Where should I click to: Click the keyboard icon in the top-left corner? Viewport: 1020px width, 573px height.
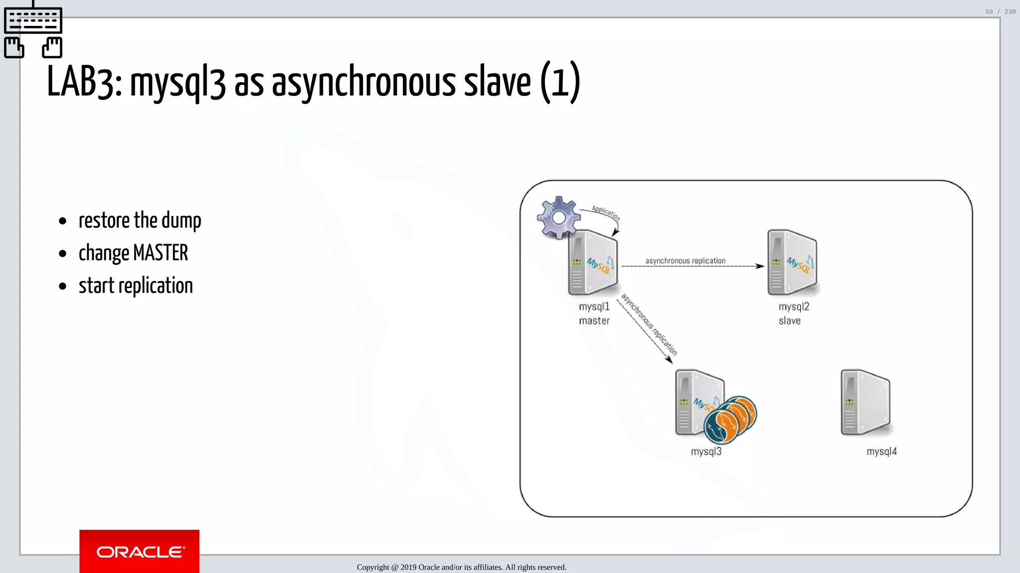[x=33, y=21]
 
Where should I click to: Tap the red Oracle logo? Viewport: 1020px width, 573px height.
[x=139, y=551]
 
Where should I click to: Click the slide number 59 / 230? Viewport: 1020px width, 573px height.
[x=1000, y=12]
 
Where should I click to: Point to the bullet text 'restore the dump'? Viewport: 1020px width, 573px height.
[x=140, y=220]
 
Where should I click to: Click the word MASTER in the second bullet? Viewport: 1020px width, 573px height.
[x=160, y=253]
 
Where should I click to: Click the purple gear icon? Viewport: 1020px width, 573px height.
[x=559, y=217]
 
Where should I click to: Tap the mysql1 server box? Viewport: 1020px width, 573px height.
[x=593, y=263]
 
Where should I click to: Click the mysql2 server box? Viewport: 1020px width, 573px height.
[x=792, y=263]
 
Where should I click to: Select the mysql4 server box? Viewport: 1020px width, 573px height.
[x=866, y=402]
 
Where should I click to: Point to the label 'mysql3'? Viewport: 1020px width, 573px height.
[x=706, y=452]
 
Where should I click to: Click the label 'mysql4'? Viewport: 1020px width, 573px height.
[x=882, y=452]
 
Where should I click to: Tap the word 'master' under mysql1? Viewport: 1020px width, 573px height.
[x=594, y=321]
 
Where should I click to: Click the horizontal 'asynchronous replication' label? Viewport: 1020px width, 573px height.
[x=685, y=261]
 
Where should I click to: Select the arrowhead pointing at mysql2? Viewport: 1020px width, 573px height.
[x=760, y=266]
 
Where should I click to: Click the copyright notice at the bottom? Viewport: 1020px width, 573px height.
[x=461, y=567]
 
